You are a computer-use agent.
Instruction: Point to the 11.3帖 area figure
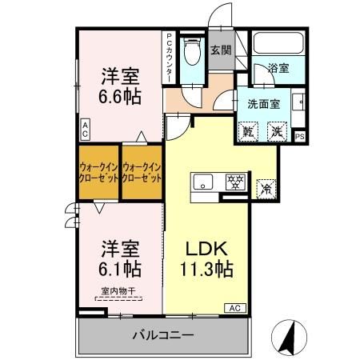click(x=205, y=269)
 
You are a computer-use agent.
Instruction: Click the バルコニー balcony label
click(x=162, y=334)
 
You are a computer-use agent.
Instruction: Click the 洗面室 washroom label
click(x=263, y=104)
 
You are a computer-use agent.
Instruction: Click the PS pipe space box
click(x=300, y=137)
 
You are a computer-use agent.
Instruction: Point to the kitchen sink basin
click(x=201, y=180)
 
